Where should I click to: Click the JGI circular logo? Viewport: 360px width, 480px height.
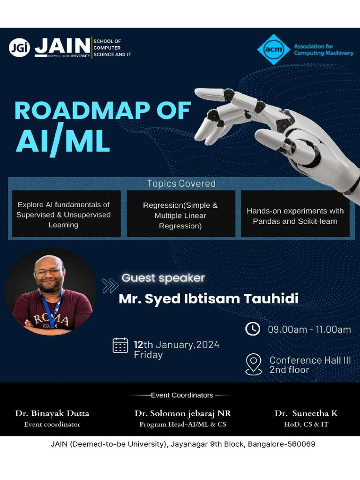(19, 47)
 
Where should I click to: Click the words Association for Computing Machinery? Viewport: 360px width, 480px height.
(323, 50)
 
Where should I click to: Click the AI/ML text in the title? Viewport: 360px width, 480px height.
(63, 142)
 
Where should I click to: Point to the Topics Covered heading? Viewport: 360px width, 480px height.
(181, 184)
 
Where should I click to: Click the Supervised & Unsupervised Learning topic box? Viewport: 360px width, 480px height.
(63, 215)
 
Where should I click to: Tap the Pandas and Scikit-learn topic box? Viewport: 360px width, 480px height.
(295, 216)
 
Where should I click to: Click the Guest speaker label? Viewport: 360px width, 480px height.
(163, 278)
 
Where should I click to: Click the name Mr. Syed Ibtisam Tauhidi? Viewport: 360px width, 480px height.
(209, 299)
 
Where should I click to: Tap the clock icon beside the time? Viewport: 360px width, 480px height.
(253, 329)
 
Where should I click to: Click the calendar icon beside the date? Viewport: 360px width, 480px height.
(120, 345)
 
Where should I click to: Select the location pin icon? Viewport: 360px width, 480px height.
(254, 364)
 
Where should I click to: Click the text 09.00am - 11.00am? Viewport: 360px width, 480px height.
(309, 330)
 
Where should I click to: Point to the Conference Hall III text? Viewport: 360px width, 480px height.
(310, 360)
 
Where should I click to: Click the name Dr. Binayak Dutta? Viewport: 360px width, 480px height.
(52, 413)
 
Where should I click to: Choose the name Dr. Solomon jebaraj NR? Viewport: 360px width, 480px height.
(182, 413)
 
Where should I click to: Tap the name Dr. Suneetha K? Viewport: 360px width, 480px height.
(306, 413)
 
